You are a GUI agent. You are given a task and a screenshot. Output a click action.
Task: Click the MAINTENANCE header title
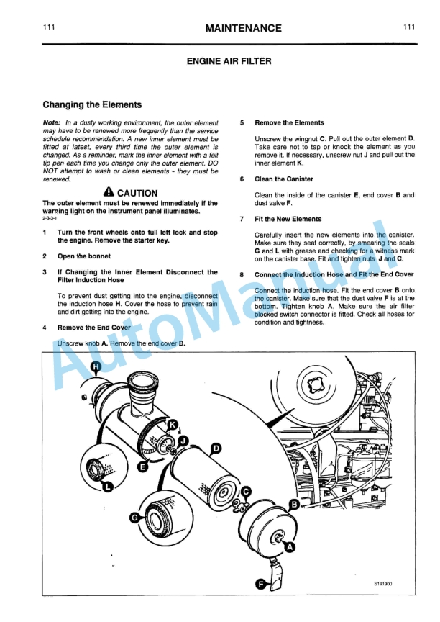click(243, 28)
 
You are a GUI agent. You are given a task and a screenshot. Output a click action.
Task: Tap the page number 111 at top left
click(49, 27)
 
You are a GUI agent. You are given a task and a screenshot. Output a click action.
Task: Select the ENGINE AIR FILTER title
click(220, 63)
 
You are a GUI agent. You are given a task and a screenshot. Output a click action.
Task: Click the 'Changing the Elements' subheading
click(92, 104)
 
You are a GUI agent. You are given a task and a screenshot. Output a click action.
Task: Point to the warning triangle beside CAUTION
click(109, 192)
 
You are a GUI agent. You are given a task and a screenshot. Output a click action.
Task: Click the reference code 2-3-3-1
click(52, 217)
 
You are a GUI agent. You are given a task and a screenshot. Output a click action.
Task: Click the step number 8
click(242, 274)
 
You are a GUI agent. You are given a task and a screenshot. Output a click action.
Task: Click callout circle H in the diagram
click(97, 368)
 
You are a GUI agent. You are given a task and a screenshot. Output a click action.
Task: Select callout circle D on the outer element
click(216, 448)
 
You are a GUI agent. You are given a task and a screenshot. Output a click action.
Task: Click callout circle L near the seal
click(108, 487)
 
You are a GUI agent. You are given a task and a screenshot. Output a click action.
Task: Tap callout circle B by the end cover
click(294, 505)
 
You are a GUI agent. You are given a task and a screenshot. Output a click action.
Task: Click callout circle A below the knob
click(290, 547)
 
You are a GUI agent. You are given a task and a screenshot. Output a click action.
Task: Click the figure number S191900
click(385, 584)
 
